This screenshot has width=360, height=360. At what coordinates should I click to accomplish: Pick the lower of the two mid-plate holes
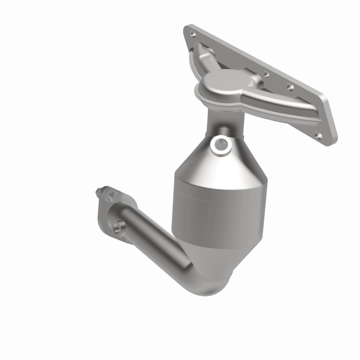[x=289, y=88]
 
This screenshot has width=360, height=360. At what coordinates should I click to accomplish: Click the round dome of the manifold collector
[x=219, y=83]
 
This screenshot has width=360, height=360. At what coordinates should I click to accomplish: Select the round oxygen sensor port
[x=220, y=144]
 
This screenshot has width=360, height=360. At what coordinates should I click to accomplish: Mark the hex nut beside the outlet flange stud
[x=111, y=196]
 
